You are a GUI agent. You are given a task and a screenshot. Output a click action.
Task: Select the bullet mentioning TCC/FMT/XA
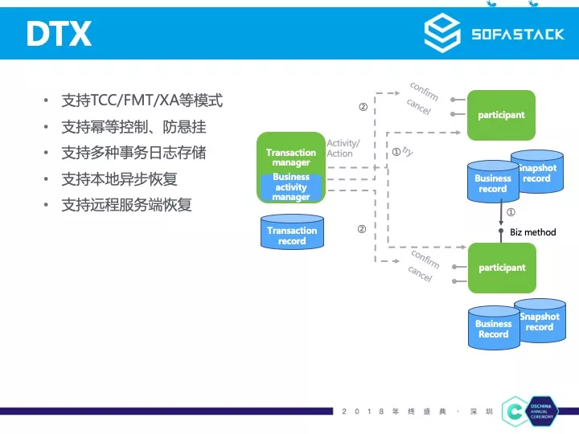point(142,101)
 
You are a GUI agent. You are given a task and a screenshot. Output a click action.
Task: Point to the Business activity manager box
point(291,187)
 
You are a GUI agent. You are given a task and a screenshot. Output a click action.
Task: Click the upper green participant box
point(501,115)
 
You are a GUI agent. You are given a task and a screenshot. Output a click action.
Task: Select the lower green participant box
point(502,268)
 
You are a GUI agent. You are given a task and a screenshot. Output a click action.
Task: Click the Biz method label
point(533,232)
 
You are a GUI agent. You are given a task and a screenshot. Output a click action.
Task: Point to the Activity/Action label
point(343,149)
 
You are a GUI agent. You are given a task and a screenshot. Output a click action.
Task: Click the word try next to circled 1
point(408,151)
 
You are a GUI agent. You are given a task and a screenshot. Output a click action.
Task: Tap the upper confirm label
point(424,90)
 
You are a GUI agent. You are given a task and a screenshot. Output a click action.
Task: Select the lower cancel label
point(420,274)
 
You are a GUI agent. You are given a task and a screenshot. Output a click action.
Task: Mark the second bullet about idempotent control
point(133,127)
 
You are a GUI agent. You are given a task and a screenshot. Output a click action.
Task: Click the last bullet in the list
point(127,204)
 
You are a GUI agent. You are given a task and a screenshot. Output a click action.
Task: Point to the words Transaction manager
point(291,157)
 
